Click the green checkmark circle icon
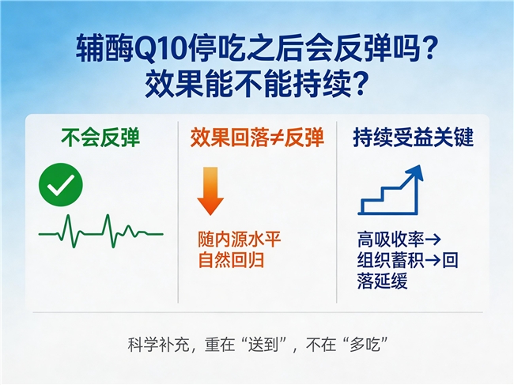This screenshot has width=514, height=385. pos(61,185)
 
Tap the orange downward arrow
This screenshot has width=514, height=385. pos(210,191)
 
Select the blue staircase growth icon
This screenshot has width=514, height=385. pos(391,190)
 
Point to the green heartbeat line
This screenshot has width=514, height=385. pos(100,231)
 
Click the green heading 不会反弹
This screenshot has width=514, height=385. pos(100,138)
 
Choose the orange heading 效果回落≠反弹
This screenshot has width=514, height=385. pos(257,138)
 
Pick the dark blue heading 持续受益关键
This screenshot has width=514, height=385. pos(414,138)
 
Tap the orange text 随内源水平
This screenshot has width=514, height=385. pos(240,240)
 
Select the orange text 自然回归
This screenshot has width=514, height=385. pos(231,261)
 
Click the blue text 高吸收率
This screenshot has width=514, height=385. pos(391,240)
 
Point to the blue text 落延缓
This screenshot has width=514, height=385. pos(382,281)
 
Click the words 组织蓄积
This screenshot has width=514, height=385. pos(391,260)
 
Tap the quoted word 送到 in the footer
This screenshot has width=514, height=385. pos(263,345)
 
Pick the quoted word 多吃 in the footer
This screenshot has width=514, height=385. pos(365,345)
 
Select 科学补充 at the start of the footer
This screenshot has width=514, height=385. pos(158,345)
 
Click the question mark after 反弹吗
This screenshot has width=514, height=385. pos(429,50)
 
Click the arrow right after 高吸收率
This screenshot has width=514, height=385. pos(433,240)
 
